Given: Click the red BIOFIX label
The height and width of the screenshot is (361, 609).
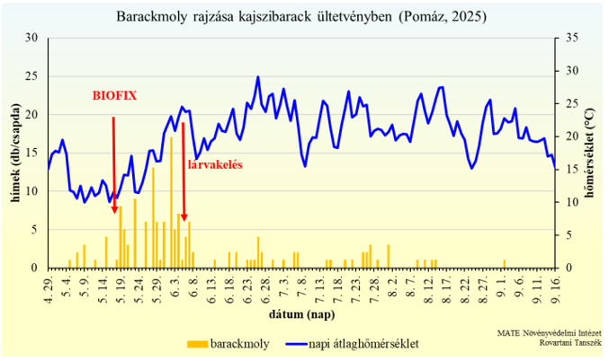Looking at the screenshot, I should pyautogui.click(x=114, y=95).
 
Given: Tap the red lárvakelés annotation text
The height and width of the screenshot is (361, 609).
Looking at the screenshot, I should pyautogui.click(x=214, y=164).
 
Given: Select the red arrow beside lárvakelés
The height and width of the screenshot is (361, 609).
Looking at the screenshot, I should pyautogui.click(x=183, y=171).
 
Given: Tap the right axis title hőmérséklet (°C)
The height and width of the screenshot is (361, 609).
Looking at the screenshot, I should pyautogui.click(x=593, y=154).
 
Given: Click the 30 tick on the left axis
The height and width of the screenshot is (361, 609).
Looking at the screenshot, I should pyautogui.click(x=32, y=38).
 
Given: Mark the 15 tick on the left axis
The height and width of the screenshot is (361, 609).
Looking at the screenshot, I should pyautogui.click(x=32, y=153).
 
